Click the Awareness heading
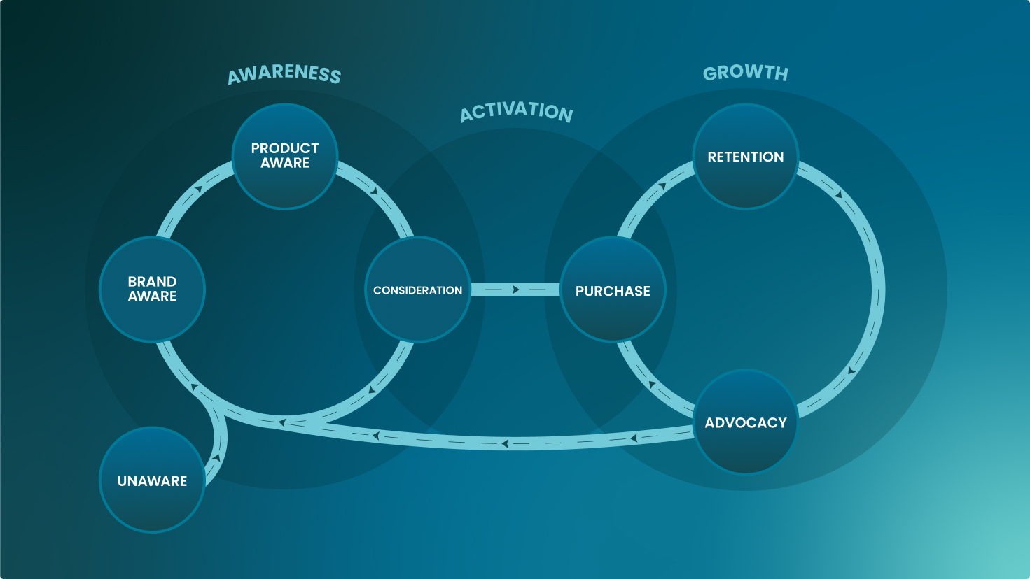(x=284, y=74)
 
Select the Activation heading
(x=517, y=112)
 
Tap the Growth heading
(x=745, y=73)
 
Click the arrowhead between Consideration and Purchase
(x=516, y=289)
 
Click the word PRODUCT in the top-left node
(x=285, y=148)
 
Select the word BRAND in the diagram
(x=152, y=281)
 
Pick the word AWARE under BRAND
(x=152, y=296)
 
